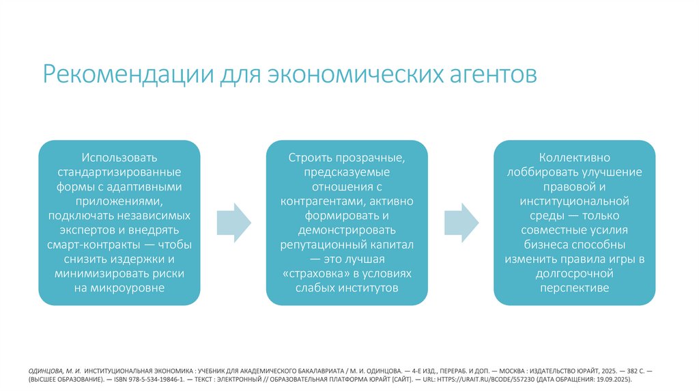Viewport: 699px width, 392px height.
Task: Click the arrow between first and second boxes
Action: pyautogui.click(x=233, y=222)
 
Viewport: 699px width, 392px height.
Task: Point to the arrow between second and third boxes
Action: pyautogui.click(x=461, y=222)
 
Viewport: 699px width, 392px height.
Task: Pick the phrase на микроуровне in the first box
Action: pyautogui.click(x=119, y=288)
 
